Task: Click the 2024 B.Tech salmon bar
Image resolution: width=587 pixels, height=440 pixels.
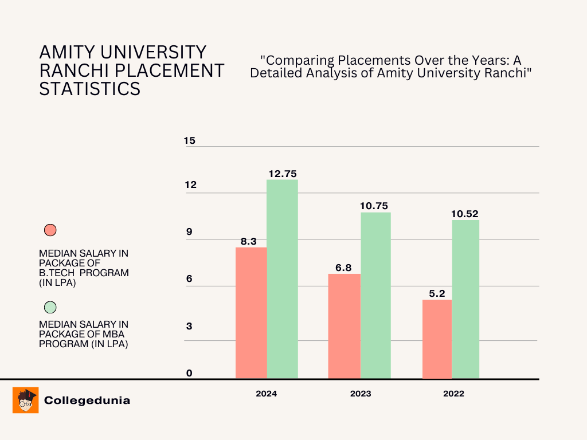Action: [251, 313]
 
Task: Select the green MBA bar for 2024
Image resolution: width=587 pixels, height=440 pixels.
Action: [282, 279]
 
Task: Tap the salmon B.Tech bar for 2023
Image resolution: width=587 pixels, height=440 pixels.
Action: [344, 326]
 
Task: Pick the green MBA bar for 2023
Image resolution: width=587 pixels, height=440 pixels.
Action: [375, 296]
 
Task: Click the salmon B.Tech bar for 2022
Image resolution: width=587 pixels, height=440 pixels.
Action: [437, 339]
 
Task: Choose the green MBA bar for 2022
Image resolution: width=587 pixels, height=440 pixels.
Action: [465, 299]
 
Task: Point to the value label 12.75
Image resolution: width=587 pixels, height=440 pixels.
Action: [282, 174]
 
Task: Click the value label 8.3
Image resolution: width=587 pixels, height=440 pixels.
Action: [248, 241]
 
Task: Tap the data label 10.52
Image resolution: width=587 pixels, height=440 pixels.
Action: [465, 214]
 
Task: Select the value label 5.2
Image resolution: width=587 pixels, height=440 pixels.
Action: [437, 293]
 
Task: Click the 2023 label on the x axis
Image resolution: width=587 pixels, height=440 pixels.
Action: [361, 394]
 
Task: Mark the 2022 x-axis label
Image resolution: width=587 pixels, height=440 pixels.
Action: [453, 394]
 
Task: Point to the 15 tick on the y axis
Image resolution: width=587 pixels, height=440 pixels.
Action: [190, 140]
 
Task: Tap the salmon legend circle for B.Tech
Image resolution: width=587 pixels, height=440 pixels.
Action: [50, 230]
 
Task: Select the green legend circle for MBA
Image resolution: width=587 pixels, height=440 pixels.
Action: [50, 307]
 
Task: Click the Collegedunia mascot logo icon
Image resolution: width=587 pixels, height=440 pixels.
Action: [25, 400]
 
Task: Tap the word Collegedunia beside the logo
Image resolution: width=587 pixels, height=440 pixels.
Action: [87, 400]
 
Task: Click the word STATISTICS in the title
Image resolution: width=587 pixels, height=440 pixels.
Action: [89, 89]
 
